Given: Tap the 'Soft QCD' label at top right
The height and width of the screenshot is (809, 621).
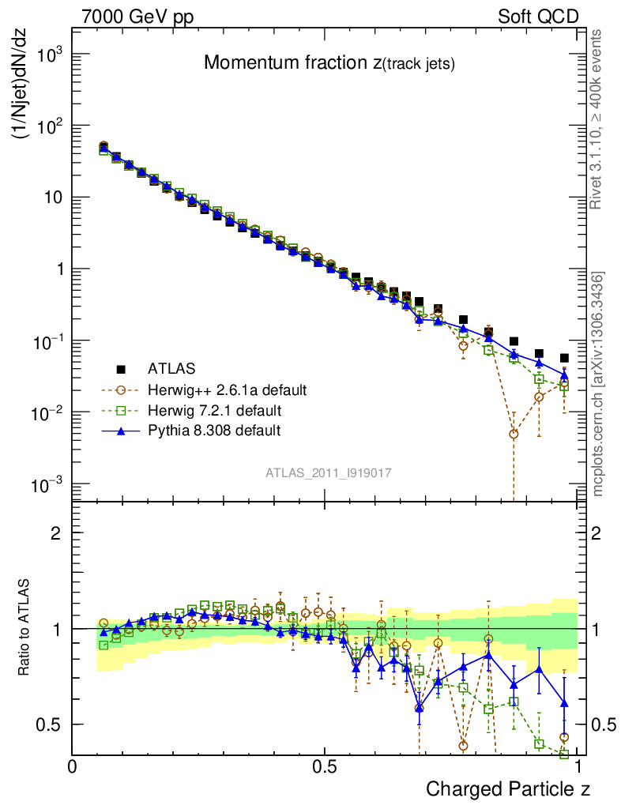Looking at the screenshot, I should [538, 17].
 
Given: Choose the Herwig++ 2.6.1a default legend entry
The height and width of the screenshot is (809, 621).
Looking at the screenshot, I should [226, 389].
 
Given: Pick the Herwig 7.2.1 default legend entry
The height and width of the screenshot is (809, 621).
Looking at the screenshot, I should [213, 410].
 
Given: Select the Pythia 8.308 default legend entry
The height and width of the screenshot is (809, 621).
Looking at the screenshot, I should [213, 431].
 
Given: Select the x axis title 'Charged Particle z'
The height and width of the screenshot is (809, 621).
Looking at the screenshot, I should [507, 788].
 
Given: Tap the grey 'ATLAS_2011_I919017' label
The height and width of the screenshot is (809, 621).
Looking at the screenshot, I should [328, 472].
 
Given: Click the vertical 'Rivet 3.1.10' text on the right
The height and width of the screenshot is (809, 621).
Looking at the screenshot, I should [597, 119].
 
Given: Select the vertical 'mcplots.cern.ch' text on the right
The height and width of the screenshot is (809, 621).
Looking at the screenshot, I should [598, 384].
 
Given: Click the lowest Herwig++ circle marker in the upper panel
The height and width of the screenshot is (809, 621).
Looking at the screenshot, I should [514, 434].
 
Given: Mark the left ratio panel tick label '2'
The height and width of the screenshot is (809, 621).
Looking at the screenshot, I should [55, 532].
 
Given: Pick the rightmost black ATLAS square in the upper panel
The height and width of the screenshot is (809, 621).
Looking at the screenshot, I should [564, 358].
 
